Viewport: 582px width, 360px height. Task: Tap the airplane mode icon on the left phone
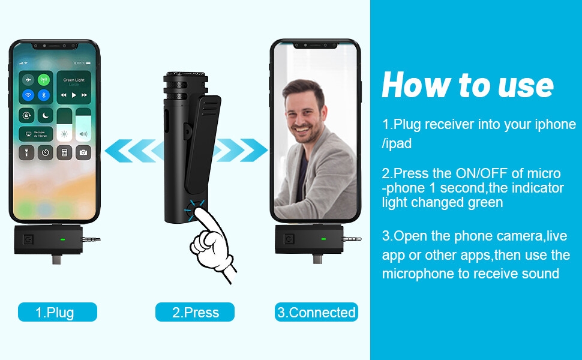[28, 80]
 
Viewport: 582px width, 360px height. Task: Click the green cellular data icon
[43, 80]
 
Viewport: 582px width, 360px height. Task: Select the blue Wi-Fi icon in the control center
[28, 95]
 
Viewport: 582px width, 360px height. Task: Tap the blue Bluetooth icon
[43, 95]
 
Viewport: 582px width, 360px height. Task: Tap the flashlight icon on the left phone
[27, 152]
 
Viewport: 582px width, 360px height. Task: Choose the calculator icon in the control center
[64, 152]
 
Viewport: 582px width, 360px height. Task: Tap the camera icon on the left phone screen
[83, 152]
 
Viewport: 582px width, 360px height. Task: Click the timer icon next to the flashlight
[46, 152]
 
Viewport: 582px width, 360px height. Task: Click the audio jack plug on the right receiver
[352, 239]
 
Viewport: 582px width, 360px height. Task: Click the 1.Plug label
[57, 312]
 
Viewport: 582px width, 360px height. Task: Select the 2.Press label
[195, 312]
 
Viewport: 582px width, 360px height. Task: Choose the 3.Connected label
[316, 312]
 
